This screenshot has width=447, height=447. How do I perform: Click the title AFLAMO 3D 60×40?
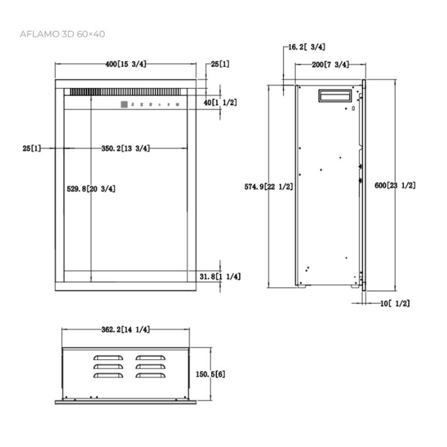(63, 34)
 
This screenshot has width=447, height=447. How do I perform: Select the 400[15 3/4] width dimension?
(126, 64)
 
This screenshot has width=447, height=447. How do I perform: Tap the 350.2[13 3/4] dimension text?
(126, 149)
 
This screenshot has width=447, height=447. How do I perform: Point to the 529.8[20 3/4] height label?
(91, 189)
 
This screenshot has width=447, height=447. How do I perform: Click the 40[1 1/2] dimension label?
(220, 103)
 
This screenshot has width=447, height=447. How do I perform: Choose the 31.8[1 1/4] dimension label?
(220, 277)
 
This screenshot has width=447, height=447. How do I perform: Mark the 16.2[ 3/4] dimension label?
(306, 47)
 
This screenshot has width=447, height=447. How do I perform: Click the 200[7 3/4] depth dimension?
(330, 65)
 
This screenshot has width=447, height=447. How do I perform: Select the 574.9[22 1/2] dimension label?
(269, 187)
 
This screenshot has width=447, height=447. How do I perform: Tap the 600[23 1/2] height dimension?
(395, 186)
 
